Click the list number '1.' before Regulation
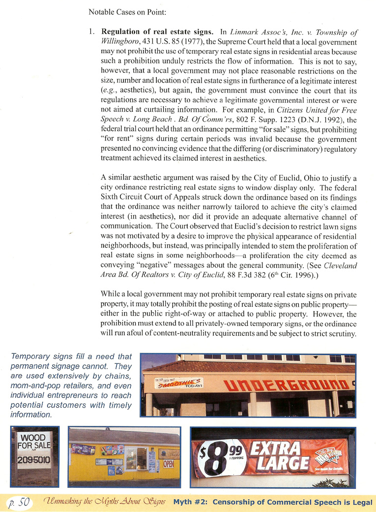coord(92,32)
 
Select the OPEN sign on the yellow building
coord(168,464)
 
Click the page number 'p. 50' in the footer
coord(20,502)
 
